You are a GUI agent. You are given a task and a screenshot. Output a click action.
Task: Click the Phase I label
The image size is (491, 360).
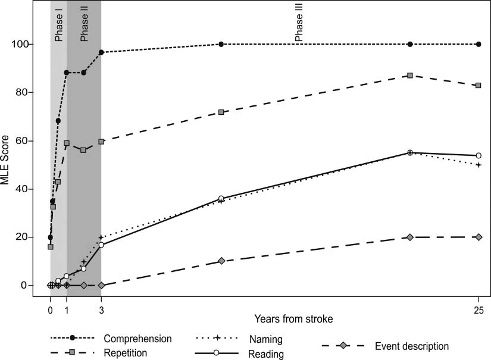tap(58, 26)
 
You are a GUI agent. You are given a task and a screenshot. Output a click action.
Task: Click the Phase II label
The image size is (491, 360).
tap(84, 26)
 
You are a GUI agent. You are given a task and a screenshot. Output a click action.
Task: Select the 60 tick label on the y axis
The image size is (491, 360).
tap(34, 141)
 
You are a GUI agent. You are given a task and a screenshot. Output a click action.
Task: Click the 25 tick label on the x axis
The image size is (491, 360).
tap(479, 309)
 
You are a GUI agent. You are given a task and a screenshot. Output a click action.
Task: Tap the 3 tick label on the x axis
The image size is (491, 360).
tap(101, 309)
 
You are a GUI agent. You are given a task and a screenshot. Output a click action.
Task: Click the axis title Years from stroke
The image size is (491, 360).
tap(293, 320)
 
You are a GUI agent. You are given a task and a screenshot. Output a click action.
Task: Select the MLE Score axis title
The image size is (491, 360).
tap(8, 165)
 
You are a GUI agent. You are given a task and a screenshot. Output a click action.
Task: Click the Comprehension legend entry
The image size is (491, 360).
tap(137, 339)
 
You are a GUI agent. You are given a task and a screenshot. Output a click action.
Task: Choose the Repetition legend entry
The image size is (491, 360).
tap(129, 353)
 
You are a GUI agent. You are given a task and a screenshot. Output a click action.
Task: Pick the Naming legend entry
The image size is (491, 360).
tap(265, 339)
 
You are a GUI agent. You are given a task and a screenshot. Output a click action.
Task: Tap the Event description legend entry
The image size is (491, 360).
tap(412, 346)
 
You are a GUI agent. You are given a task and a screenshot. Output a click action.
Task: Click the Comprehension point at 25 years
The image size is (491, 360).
tap(479, 45)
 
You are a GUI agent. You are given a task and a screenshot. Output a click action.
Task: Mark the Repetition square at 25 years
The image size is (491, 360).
tap(479, 86)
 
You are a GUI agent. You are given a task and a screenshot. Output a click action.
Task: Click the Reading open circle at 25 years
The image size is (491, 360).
tap(479, 155)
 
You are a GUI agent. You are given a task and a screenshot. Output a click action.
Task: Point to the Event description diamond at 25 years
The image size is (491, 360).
tap(479, 237)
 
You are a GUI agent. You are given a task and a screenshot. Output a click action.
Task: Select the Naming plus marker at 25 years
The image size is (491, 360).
tap(479, 165)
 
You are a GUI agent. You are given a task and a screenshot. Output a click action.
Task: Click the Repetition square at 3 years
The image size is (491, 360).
tap(101, 142)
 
